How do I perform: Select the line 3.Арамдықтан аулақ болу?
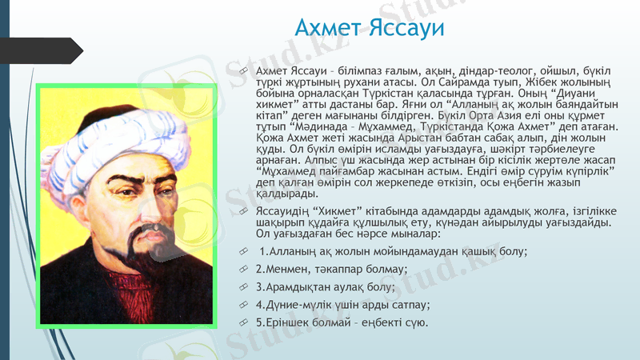(x=326, y=286)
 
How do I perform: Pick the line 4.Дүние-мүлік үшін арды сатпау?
(x=343, y=305)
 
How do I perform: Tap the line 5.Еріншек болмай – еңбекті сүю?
(x=342, y=322)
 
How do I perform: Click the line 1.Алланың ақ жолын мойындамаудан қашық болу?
(x=393, y=251)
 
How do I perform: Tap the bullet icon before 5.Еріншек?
(x=244, y=322)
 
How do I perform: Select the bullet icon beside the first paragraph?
(x=244, y=72)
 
